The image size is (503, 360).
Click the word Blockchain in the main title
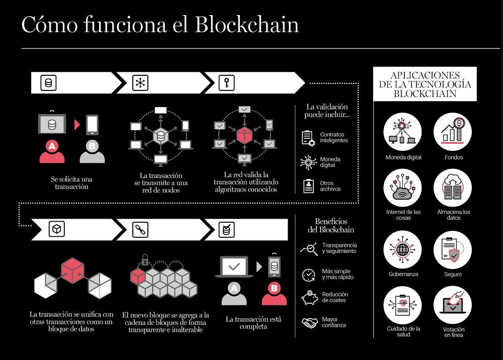[246, 25]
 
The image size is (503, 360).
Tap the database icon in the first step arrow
[49, 83]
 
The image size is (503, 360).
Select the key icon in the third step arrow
[226, 83]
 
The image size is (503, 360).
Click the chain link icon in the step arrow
[140, 230]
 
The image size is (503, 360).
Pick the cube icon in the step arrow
[57, 230]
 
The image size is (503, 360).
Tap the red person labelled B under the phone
[274, 292]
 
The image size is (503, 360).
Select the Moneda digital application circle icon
[402, 132]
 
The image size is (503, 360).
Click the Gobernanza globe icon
[402, 249]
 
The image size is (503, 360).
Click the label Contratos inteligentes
[334, 137]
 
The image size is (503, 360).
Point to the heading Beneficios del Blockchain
[330, 225]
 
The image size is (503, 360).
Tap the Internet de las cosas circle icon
[402, 188]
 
